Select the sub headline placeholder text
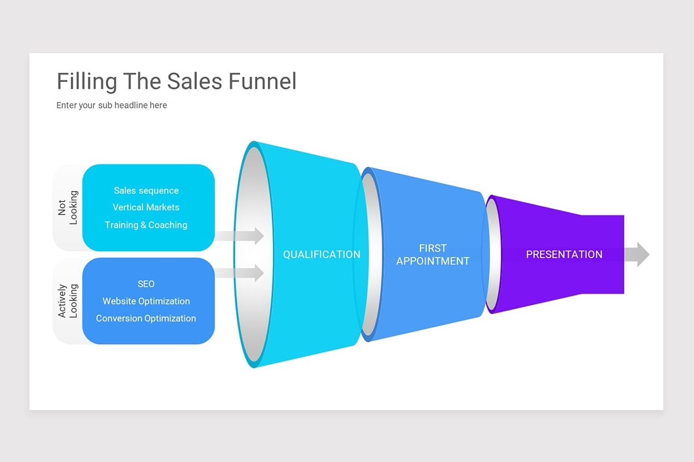tap(112, 105)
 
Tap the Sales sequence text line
tap(146, 191)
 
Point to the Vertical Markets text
tap(146, 207)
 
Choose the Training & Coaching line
tap(146, 225)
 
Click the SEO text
tap(146, 284)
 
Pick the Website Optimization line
tap(146, 301)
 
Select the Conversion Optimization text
tap(146, 318)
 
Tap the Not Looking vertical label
tap(68, 208)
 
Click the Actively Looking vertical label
tap(68, 300)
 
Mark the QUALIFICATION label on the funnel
tap(322, 254)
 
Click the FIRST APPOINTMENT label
tap(433, 255)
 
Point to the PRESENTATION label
tap(564, 254)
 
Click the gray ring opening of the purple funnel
tap(492, 254)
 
